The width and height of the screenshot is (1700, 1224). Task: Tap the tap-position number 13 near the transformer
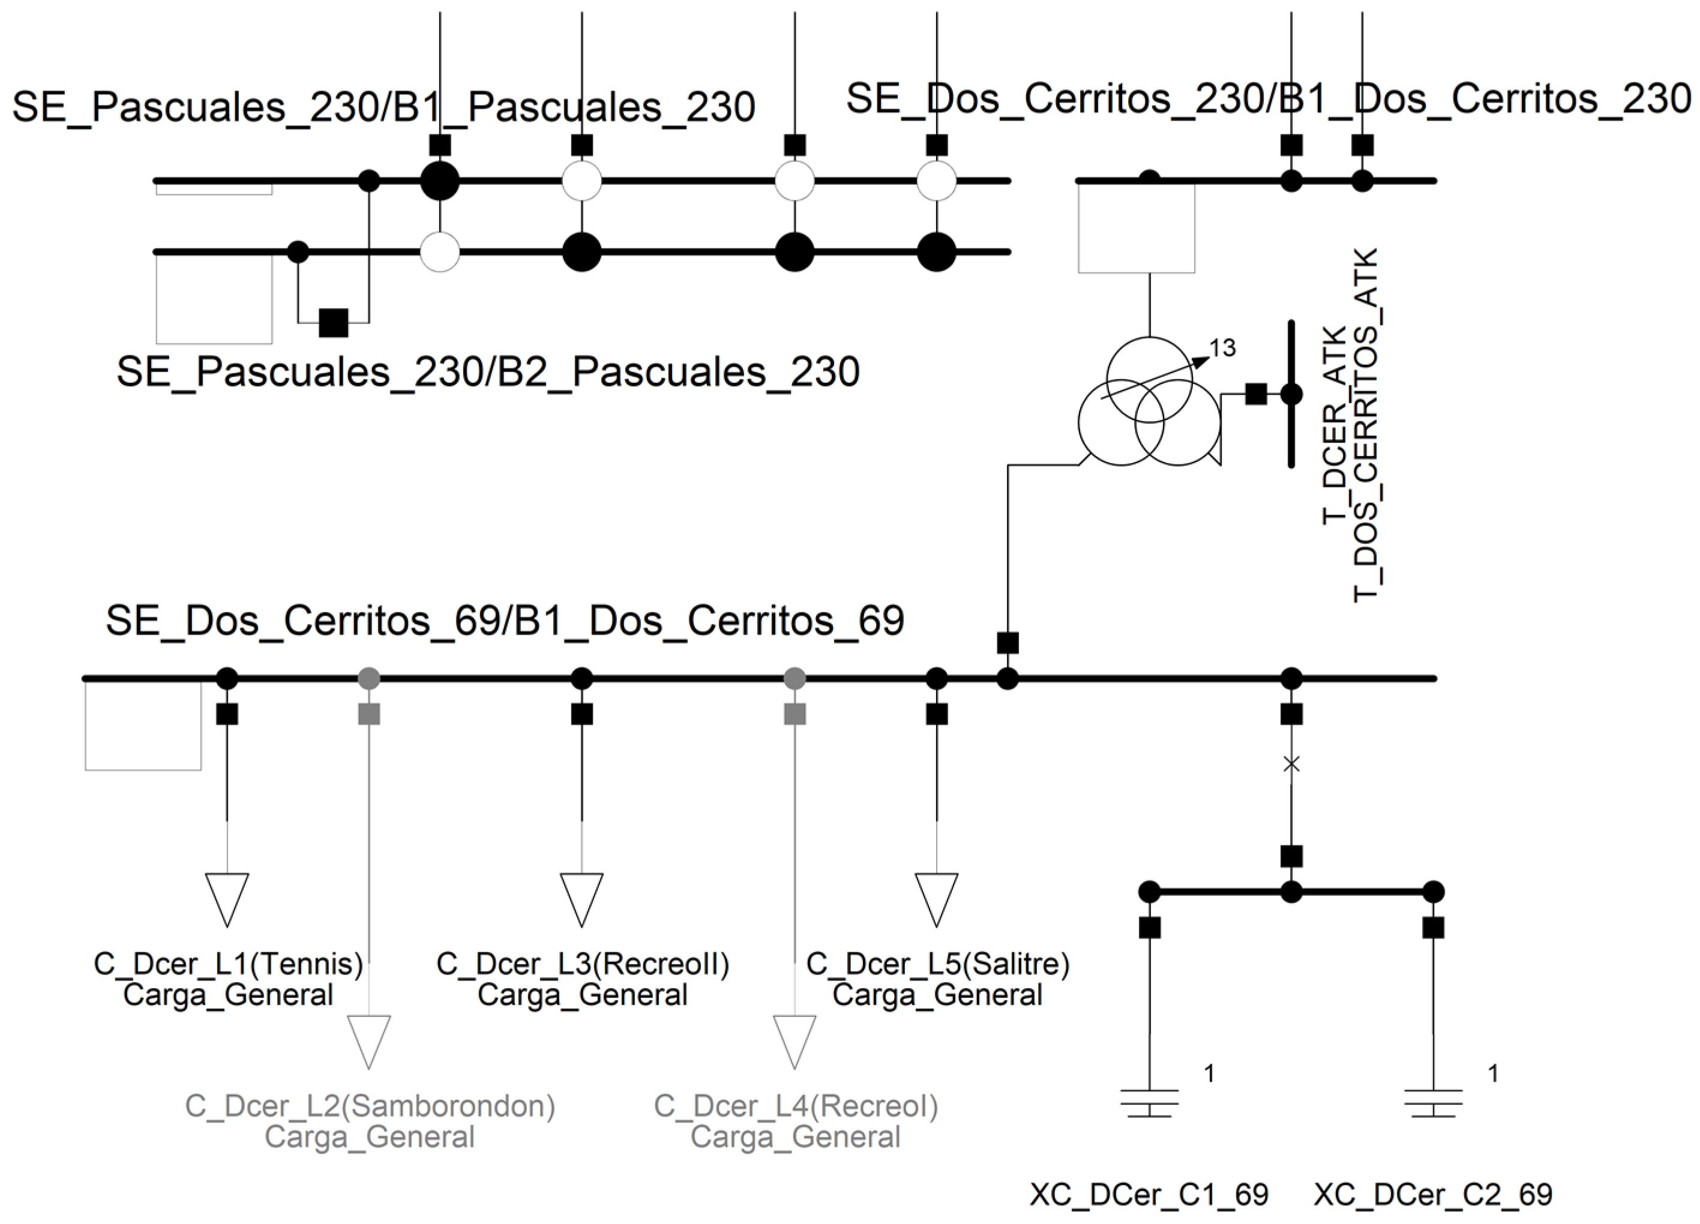(x=1222, y=348)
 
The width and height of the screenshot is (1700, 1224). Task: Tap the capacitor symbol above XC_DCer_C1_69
(x=1149, y=1103)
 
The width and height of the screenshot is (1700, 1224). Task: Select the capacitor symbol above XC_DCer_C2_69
(x=1433, y=1103)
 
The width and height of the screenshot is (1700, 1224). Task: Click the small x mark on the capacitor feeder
(x=1291, y=764)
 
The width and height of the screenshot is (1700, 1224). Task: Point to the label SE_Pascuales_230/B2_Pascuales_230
(x=488, y=373)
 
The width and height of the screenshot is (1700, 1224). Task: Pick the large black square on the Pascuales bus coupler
(x=334, y=323)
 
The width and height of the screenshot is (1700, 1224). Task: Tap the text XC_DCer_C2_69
(x=1433, y=1195)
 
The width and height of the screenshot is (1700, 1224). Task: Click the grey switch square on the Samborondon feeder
(x=369, y=715)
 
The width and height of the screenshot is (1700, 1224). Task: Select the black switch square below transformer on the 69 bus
(x=1008, y=643)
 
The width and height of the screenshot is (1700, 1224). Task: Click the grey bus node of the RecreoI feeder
(x=794, y=679)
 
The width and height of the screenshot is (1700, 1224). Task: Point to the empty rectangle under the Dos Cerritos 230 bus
(x=1135, y=228)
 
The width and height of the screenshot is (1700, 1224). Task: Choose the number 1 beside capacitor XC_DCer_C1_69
(x=1209, y=1073)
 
